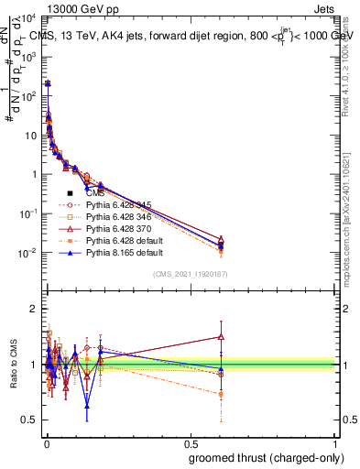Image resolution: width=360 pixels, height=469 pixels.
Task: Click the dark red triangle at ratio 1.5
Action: point(220,336)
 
